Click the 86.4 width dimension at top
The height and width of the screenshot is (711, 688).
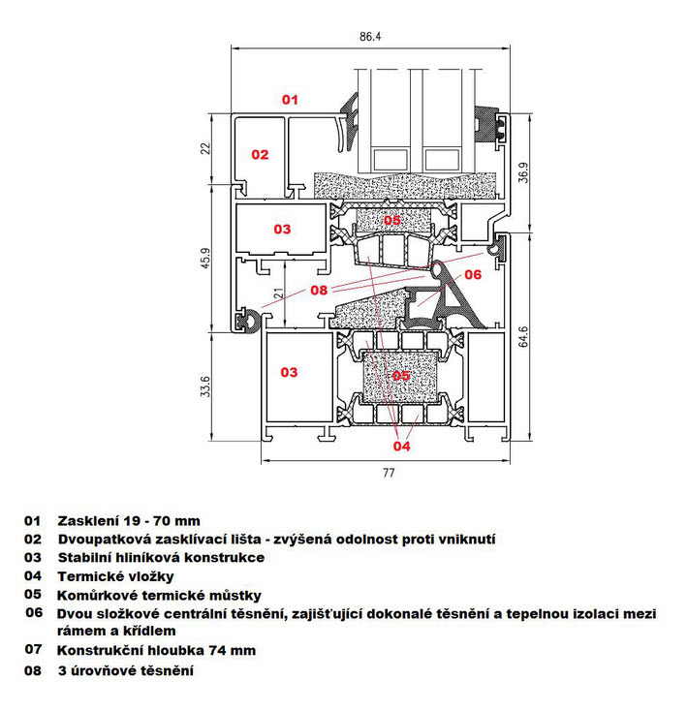[x=370, y=36]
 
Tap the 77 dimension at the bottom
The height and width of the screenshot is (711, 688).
[x=389, y=473]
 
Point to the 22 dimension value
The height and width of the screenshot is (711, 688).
[x=205, y=148]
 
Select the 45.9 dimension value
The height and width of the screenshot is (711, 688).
[x=205, y=258]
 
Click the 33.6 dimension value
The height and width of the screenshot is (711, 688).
[x=205, y=386]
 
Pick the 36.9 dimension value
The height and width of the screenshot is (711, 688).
[x=523, y=172]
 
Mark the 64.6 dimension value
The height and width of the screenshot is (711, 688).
[x=523, y=336]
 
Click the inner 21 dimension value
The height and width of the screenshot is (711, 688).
[x=279, y=293]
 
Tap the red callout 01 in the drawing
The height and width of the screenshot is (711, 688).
[x=290, y=100]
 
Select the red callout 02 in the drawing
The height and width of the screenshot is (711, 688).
[x=260, y=155]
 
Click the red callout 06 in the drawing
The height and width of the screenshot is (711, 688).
[x=473, y=274]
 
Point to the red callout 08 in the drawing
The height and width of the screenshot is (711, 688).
[x=319, y=291]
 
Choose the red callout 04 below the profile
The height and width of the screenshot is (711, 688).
[x=401, y=447]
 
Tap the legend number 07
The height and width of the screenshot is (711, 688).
[x=33, y=649]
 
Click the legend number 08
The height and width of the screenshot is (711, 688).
[x=33, y=670]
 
